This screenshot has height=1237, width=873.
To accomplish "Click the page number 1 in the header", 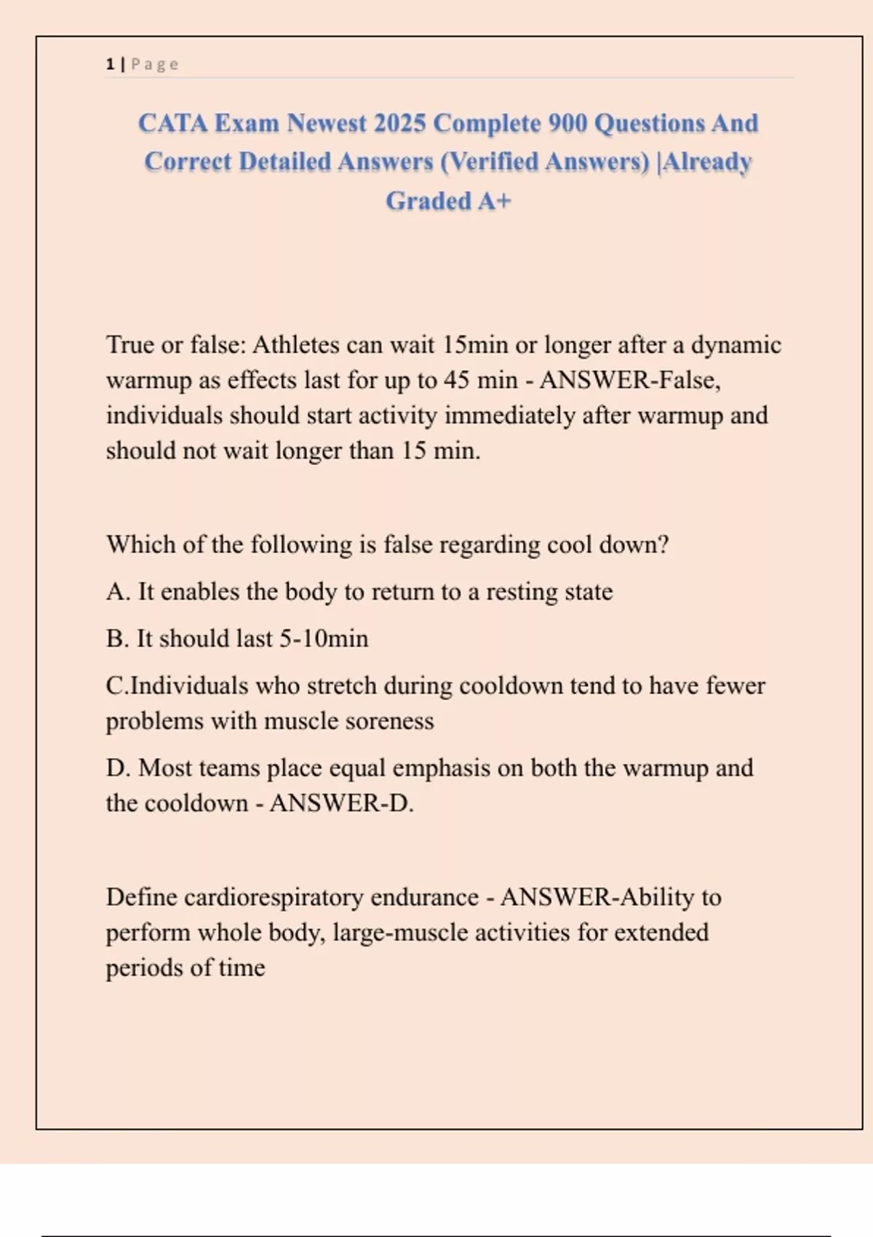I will tap(110, 64).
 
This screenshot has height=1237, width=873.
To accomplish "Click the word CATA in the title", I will tap(172, 123).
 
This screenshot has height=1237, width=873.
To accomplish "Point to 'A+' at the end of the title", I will tap(495, 201).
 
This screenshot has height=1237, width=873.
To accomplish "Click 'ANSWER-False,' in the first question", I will tap(630, 380).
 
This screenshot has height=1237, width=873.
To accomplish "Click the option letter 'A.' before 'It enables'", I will tap(118, 592).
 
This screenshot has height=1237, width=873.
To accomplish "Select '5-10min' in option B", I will tap(324, 639).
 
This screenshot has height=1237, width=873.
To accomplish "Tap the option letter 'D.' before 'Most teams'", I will tap(118, 768).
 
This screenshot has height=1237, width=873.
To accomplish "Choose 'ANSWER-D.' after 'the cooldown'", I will tap(341, 803).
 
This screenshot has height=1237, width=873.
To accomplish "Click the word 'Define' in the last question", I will tap(141, 897).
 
